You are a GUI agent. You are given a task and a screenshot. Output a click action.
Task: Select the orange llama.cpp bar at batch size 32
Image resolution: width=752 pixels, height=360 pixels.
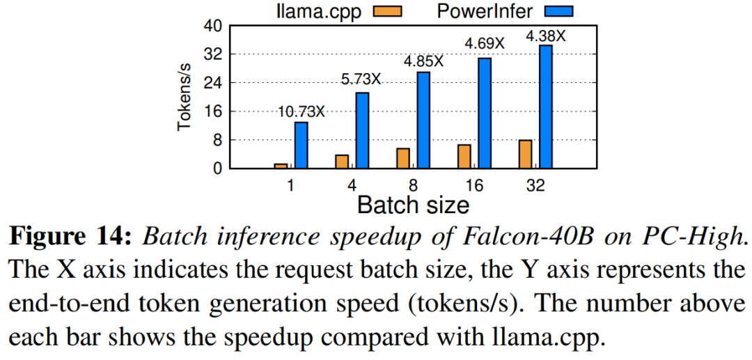(525, 155)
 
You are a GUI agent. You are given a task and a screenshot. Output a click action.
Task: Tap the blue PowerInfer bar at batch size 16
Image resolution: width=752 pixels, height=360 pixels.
(485, 113)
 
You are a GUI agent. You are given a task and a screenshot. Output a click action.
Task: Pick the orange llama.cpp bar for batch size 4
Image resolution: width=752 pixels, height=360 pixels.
(342, 161)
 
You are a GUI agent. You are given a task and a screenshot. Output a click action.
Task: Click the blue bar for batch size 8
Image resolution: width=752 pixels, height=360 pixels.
(423, 120)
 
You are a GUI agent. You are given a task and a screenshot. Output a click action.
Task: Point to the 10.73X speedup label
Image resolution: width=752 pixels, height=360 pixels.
(301, 111)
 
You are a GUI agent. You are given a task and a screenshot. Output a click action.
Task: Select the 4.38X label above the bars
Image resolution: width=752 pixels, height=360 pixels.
(545, 35)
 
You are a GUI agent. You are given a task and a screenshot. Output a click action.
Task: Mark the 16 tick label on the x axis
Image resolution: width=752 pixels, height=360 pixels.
(474, 186)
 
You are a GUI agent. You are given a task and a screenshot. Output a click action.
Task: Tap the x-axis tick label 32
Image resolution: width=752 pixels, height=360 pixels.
(535, 186)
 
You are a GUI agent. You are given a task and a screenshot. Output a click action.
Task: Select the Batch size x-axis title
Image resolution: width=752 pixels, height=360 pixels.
(413, 205)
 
